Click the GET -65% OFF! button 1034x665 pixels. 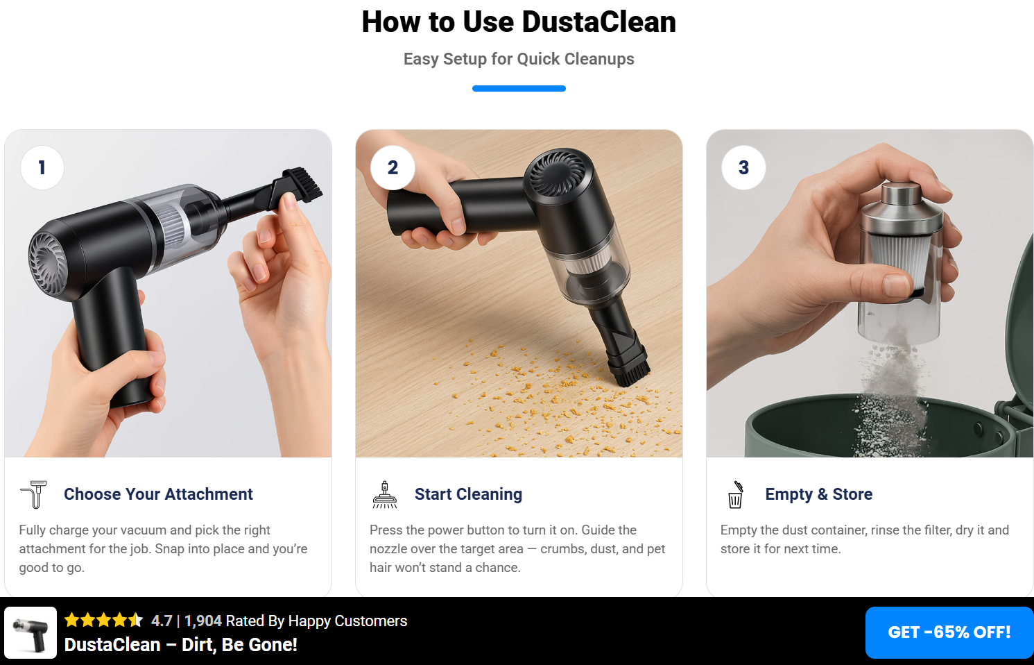[x=949, y=632]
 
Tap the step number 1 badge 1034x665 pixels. [x=42, y=167]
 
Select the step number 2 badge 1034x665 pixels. [x=393, y=167]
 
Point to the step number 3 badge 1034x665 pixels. [x=743, y=167]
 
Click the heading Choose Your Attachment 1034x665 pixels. [x=158, y=494]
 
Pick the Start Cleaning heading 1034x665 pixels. [x=468, y=494]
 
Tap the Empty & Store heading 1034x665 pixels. [x=819, y=494]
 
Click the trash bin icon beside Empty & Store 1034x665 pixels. [x=735, y=495]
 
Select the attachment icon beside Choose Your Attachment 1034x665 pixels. [x=34, y=494]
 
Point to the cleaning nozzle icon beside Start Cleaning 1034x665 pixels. [x=384, y=495]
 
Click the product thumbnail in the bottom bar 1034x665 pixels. [x=31, y=632]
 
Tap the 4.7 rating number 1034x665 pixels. [x=162, y=621]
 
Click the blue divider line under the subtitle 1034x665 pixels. [x=519, y=88]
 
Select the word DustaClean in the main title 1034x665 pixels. [x=599, y=22]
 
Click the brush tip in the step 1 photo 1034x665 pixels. [x=302, y=184]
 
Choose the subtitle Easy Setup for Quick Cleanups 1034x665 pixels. [x=519, y=59]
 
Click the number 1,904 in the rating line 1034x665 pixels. [x=203, y=621]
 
